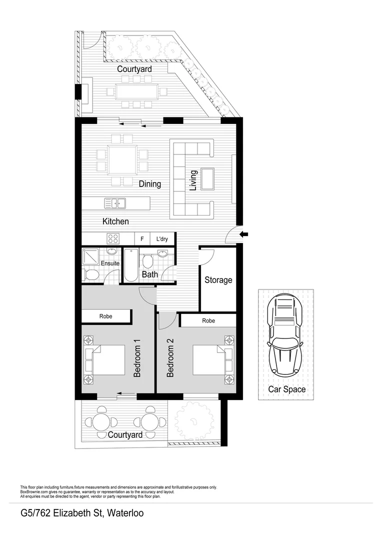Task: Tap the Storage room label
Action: pos(218,280)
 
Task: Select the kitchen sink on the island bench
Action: pos(115,203)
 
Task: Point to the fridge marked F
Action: pos(142,239)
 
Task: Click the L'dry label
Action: pos(162,239)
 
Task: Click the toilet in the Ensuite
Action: pos(91,274)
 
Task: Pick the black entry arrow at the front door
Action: pos(244,234)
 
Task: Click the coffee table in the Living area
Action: pos(207,179)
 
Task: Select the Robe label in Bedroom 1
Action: pos(106,316)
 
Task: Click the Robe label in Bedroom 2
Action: pos(209,320)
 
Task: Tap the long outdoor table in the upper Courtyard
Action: pos(136,91)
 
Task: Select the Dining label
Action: pos(150,184)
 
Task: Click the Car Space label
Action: pos(286,389)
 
